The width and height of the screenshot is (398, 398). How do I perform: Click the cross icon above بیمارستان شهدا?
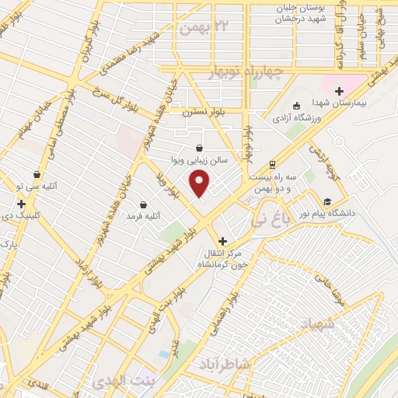tap(339, 93)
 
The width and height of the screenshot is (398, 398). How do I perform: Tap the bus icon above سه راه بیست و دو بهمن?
tap(272, 165)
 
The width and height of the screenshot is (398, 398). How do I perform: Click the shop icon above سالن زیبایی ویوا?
tap(200, 147)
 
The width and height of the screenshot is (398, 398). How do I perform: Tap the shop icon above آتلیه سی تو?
tap(36, 175)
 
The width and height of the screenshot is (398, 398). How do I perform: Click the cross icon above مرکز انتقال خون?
tap(224, 241)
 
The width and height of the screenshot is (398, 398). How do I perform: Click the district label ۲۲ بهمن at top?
tap(196, 29)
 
